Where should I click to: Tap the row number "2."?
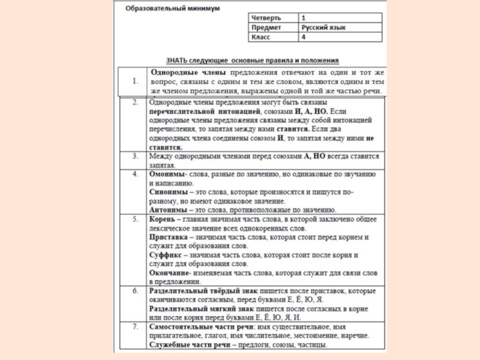tap(136, 103)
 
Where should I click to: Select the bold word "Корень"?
tap(161, 220)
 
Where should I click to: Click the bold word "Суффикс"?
tap(166, 255)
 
